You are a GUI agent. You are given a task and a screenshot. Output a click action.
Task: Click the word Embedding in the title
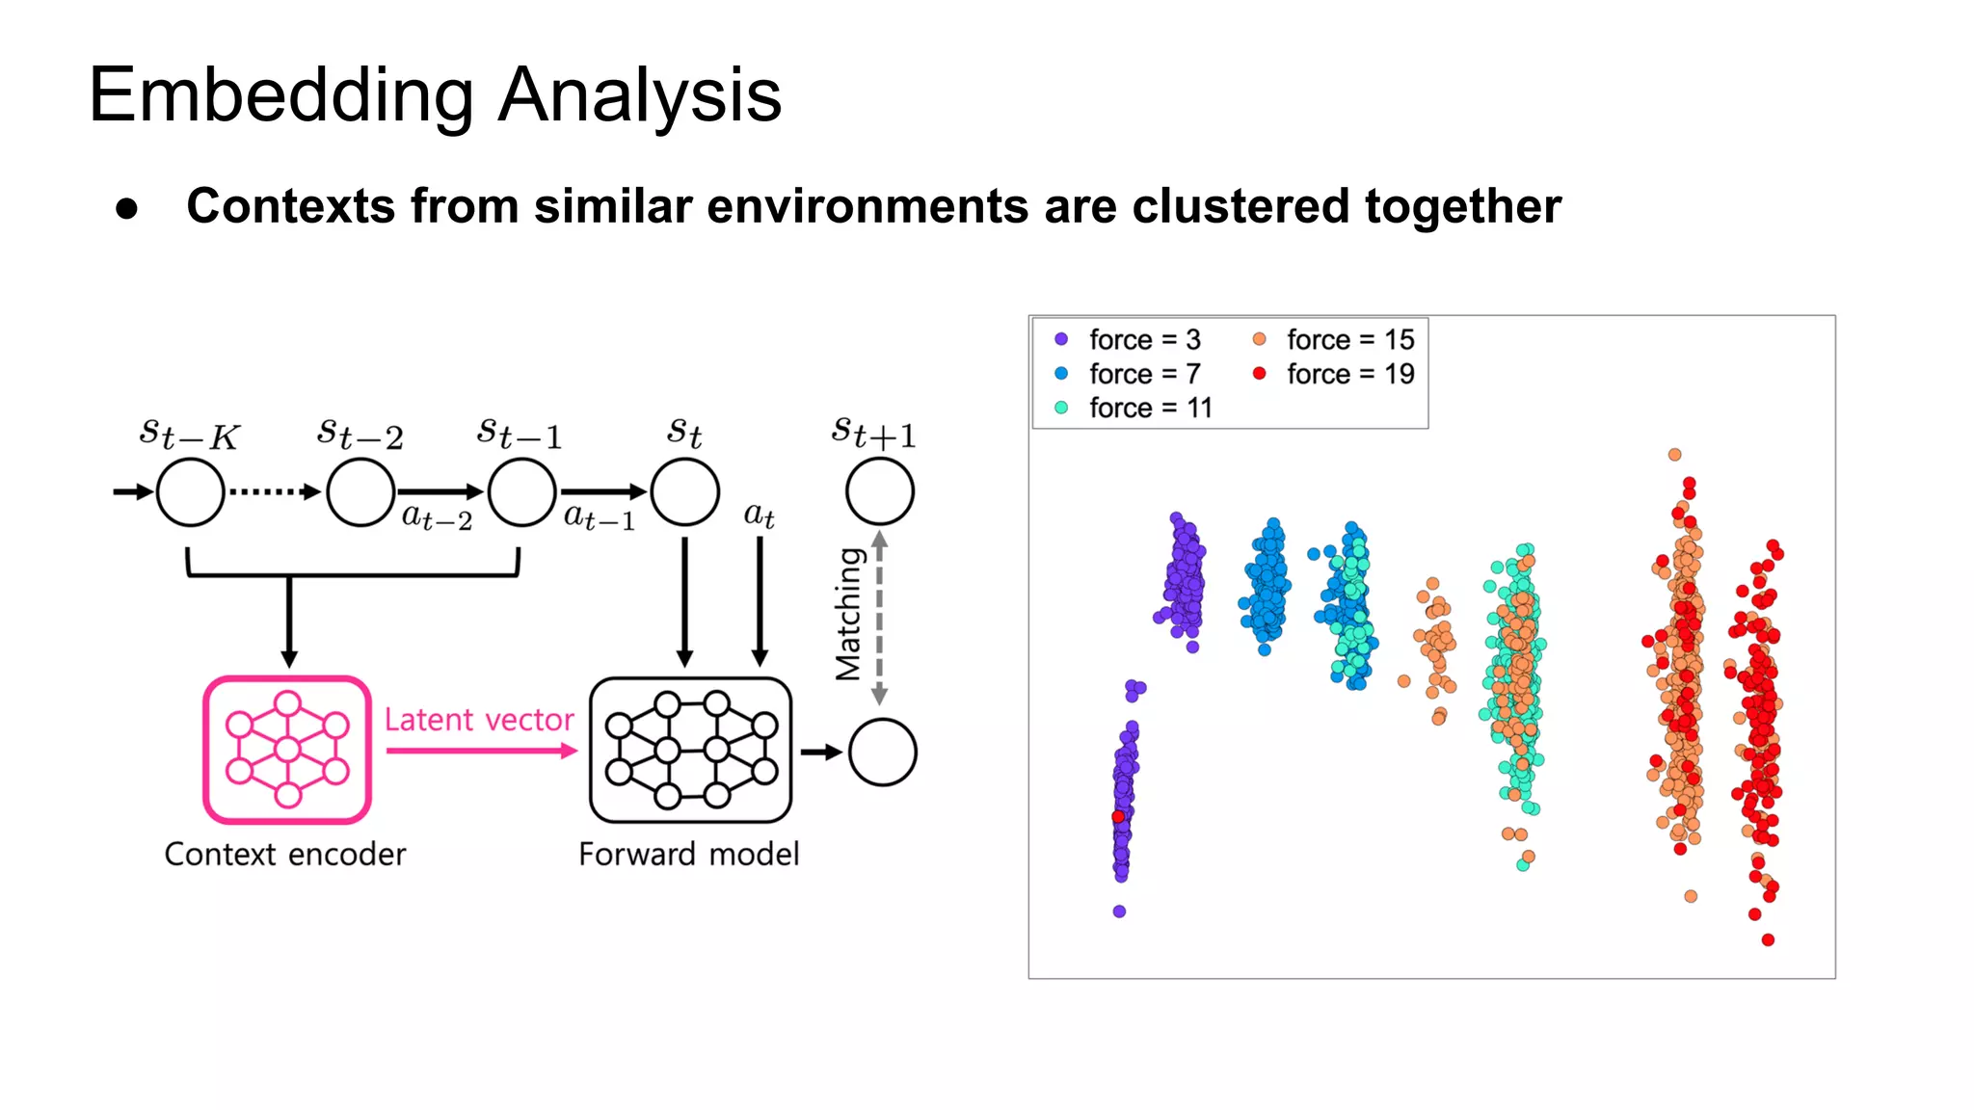tap(280, 96)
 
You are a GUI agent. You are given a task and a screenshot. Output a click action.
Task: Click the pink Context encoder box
tap(287, 750)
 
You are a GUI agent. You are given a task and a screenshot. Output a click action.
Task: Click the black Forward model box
tap(690, 750)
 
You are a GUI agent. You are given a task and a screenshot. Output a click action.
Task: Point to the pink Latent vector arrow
tap(480, 751)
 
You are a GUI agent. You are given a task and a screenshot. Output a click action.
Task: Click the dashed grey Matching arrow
tap(879, 617)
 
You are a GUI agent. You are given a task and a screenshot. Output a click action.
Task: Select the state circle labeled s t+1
tap(880, 491)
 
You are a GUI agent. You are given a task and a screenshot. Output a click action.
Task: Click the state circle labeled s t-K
tap(190, 492)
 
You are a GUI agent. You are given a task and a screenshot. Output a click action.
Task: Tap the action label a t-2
tap(437, 518)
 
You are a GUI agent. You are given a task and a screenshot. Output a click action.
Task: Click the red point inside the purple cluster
tap(1118, 817)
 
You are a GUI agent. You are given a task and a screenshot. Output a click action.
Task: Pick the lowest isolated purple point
tap(1119, 912)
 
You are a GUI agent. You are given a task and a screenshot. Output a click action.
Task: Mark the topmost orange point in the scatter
tap(1675, 455)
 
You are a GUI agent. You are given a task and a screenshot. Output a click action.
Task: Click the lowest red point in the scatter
tap(1768, 939)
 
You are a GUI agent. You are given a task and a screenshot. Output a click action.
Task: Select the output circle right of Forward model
tap(882, 753)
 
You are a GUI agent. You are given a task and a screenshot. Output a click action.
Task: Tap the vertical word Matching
tap(848, 615)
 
